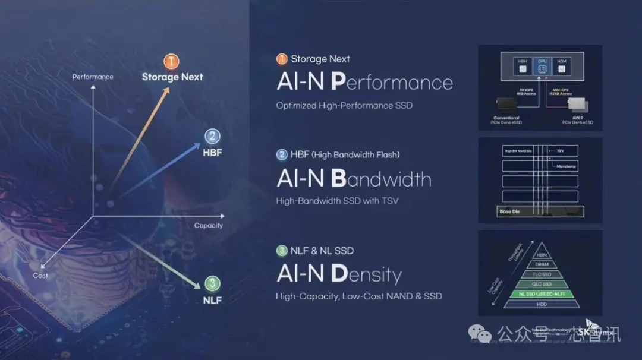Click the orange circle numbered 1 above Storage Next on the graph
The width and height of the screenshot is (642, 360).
point(171,61)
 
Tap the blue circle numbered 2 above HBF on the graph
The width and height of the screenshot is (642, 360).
point(212,136)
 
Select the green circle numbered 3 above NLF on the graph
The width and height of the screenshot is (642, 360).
point(212,283)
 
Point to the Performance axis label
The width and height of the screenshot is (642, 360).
point(93,77)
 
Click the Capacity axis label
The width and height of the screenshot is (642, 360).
point(208,225)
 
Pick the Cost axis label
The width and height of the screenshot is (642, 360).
point(40,276)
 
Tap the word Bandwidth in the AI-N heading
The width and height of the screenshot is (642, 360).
point(381,179)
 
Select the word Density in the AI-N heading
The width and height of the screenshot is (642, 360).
point(366,274)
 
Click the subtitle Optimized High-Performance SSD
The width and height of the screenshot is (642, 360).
point(344,106)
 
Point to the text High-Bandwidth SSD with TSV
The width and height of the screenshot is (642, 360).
point(337,201)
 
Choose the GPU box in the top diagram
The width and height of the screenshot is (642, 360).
point(542,66)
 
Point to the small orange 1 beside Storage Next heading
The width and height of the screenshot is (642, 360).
point(282,59)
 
